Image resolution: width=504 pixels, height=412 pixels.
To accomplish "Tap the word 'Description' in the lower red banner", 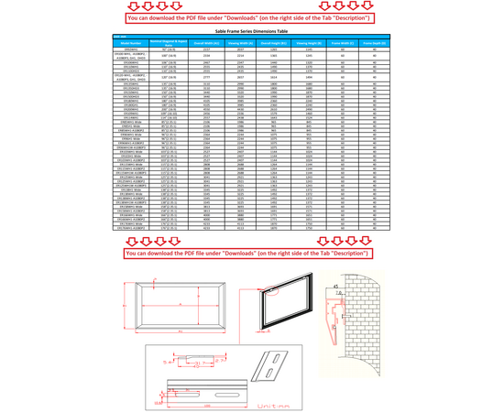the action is point(346,251).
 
